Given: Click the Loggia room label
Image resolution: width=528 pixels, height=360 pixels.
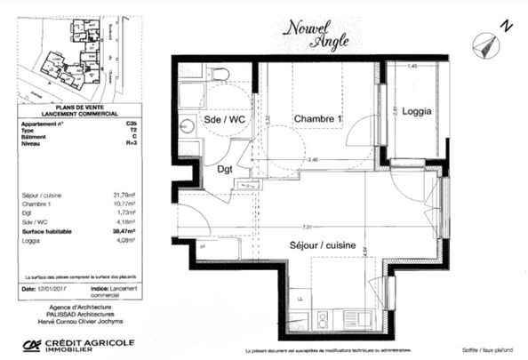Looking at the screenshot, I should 417,111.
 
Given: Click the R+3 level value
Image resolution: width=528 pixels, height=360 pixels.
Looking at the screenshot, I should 132,142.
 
